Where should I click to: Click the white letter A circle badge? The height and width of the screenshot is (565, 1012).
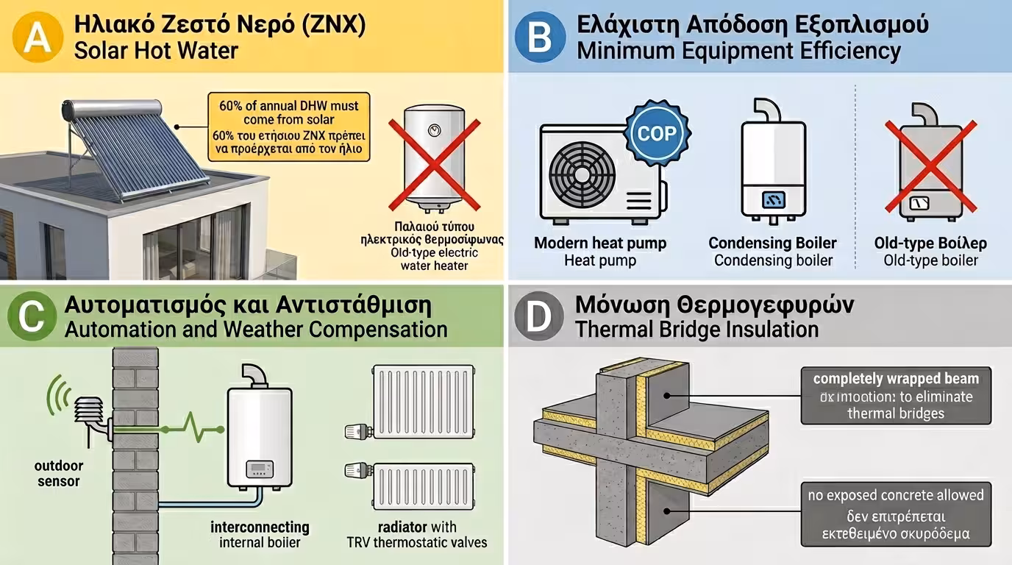[34, 37]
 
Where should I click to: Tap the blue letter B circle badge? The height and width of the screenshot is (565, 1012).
[539, 37]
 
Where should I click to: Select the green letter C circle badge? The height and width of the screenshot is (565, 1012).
[31, 317]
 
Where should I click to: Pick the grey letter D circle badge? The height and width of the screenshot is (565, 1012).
[538, 317]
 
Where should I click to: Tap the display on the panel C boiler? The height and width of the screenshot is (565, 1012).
[258, 469]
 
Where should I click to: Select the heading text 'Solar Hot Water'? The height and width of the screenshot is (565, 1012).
[156, 51]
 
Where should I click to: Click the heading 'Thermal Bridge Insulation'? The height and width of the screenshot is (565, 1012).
[696, 329]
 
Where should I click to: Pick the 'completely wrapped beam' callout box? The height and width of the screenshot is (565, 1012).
[895, 396]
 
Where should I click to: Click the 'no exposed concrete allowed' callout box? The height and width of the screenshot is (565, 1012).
[895, 514]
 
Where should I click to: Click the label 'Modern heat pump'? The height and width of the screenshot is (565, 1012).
[600, 244]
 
